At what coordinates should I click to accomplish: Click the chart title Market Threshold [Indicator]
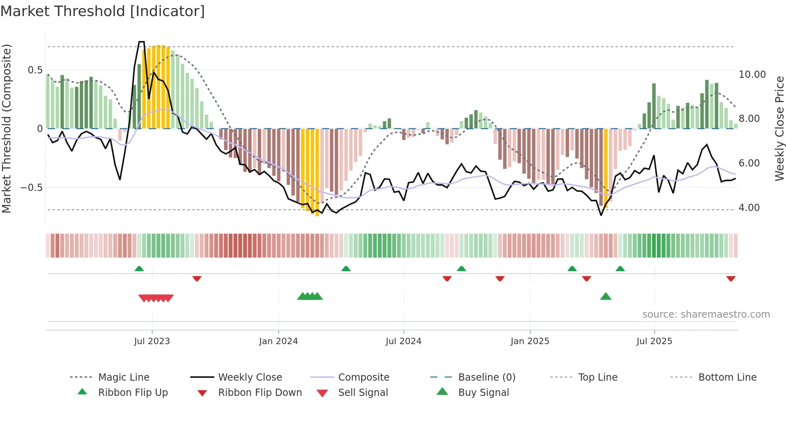(103, 11)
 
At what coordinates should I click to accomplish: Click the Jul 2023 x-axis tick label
(152, 341)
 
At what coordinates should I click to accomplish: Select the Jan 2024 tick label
(278, 341)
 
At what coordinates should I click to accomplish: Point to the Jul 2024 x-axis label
(403, 341)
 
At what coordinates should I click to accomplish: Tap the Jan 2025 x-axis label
(530, 341)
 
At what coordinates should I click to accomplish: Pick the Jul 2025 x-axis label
(654, 341)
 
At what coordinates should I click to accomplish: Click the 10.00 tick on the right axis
(752, 75)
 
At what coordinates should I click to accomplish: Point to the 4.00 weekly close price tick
(749, 208)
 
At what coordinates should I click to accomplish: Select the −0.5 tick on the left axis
(32, 188)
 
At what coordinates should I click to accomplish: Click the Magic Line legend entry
(124, 377)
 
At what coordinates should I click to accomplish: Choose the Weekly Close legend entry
(250, 377)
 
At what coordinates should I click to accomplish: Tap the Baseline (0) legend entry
(486, 377)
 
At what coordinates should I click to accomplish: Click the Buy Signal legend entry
(483, 393)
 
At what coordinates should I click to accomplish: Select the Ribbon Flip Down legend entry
(259, 393)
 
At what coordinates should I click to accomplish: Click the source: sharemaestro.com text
(706, 314)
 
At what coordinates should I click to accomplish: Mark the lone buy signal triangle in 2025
(606, 296)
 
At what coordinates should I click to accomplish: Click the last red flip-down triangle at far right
(731, 278)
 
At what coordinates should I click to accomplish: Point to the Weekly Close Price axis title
(779, 128)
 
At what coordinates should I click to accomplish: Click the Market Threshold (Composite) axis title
(6, 128)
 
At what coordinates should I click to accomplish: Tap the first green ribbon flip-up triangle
(139, 268)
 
